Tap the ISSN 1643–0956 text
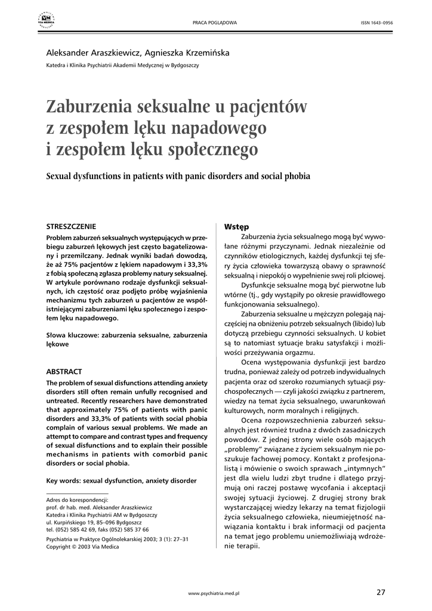[x=377, y=23]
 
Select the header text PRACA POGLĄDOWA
[x=214, y=23]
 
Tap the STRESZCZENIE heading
[x=71, y=227]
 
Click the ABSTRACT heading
[x=64, y=372]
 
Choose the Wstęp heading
[x=236, y=227]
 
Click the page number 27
[x=381, y=593]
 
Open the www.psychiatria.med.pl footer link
[x=214, y=594]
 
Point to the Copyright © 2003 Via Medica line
[x=82, y=547]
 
